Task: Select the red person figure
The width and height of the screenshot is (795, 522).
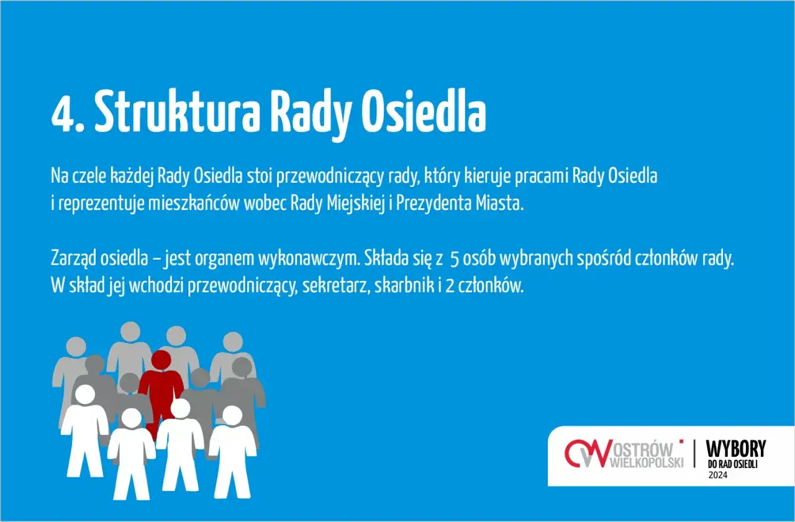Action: click(x=160, y=388)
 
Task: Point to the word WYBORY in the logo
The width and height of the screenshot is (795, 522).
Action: click(x=736, y=449)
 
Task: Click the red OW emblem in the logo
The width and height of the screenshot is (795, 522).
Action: click(x=585, y=454)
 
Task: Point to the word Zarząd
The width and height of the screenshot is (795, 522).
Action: click(x=70, y=259)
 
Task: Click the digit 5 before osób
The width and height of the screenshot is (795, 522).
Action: click(x=454, y=259)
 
